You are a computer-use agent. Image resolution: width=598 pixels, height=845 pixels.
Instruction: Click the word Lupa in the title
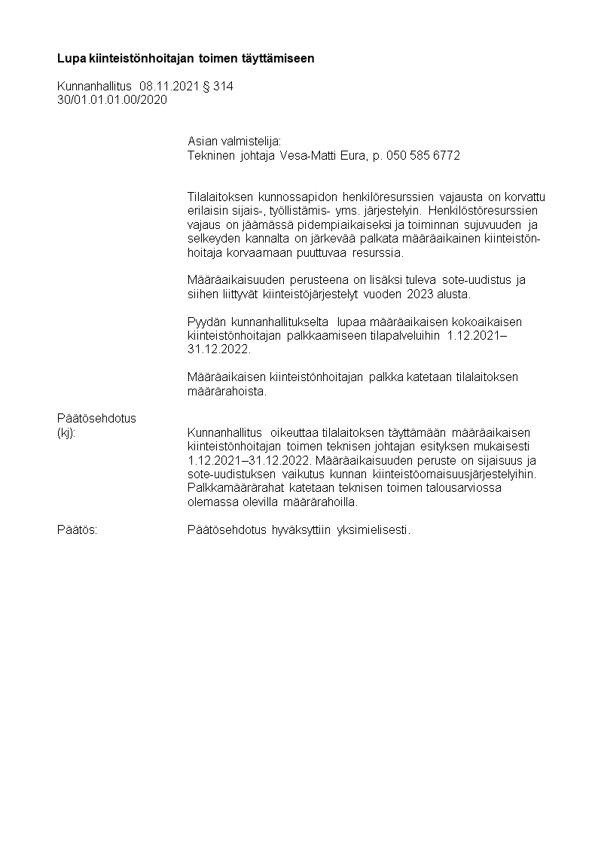point(70,58)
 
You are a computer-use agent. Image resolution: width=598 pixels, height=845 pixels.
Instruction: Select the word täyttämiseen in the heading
point(282,58)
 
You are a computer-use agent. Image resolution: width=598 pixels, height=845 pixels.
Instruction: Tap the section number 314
point(224,87)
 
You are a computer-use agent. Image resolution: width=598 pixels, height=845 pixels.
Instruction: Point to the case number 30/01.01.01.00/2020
point(112,99)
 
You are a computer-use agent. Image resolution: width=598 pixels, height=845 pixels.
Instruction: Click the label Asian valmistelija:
point(233,141)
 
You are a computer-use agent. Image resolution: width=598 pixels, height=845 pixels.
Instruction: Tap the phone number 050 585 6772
point(423,156)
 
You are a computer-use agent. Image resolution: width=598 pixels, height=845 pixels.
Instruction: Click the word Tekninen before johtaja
point(210,156)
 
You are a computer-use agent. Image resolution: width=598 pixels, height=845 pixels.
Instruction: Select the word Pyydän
point(206,322)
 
